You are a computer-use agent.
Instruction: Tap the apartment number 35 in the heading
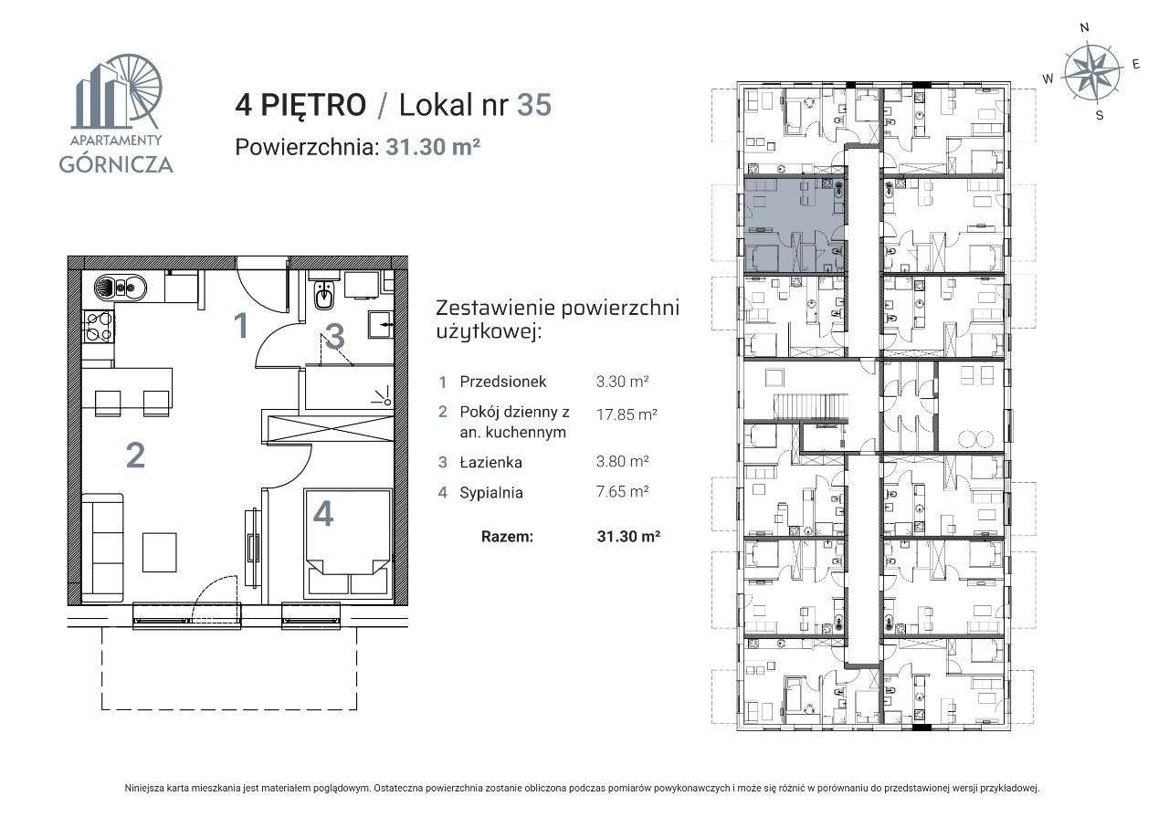tap(534, 105)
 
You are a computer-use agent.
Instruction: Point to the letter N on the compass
tap(1084, 28)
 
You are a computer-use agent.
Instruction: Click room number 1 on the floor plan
tap(241, 325)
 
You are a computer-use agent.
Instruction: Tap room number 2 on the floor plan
tap(135, 455)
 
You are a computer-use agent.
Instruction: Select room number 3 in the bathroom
tap(335, 337)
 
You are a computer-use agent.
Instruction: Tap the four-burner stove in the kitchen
tap(99, 327)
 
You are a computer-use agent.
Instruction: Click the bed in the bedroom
tap(347, 548)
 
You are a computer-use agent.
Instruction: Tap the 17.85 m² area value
tap(627, 414)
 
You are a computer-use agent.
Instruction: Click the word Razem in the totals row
tap(507, 537)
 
